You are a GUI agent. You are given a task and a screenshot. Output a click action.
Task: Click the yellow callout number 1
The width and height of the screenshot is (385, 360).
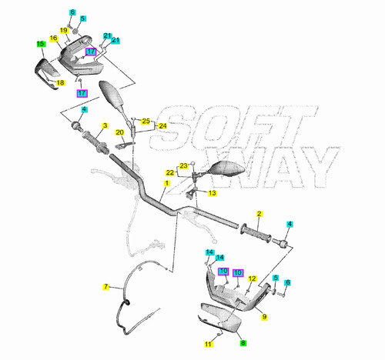coord(167,183)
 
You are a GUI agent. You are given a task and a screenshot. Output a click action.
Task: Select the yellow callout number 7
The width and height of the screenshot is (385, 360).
coord(105,287)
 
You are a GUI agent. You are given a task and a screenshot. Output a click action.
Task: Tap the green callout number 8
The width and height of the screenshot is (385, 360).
coord(243,343)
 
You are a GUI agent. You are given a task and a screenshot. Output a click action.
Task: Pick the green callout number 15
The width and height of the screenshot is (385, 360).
coord(41,44)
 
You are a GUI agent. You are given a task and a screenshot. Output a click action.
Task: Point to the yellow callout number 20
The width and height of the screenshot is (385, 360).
coord(120,132)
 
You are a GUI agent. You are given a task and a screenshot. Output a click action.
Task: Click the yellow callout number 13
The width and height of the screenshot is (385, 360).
coord(213,193)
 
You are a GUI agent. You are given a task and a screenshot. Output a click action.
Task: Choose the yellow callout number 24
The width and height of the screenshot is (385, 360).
coord(162,126)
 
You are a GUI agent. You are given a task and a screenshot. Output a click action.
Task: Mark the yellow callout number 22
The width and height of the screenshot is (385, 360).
coord(170,173)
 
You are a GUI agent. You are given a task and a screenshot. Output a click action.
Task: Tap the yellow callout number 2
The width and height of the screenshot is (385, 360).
coord(259,214)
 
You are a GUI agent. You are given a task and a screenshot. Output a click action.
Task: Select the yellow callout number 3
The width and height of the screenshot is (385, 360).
coord(105,125)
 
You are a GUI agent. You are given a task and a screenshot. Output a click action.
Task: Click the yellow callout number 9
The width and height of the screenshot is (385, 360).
coord(264,317)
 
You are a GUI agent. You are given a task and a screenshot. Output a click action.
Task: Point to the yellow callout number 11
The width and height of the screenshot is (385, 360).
coord(208,344)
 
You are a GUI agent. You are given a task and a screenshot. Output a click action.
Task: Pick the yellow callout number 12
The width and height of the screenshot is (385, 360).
coord(253,278)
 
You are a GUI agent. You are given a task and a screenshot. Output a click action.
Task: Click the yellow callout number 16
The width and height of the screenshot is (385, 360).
coord(53,38)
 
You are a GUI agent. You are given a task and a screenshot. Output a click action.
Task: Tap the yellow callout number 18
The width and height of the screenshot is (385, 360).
coord(60,83)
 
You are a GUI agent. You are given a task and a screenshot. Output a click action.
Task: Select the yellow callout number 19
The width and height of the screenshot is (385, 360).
coord(64,31)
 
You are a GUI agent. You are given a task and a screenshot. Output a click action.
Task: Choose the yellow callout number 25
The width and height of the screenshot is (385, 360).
coord(146,121)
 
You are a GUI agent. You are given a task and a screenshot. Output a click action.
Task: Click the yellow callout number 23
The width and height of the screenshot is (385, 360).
coord(183,166)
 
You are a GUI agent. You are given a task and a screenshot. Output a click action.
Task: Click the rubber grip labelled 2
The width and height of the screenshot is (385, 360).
coord(256,233)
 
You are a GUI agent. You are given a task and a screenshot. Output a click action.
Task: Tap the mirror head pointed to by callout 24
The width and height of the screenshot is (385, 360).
coord(112,93)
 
